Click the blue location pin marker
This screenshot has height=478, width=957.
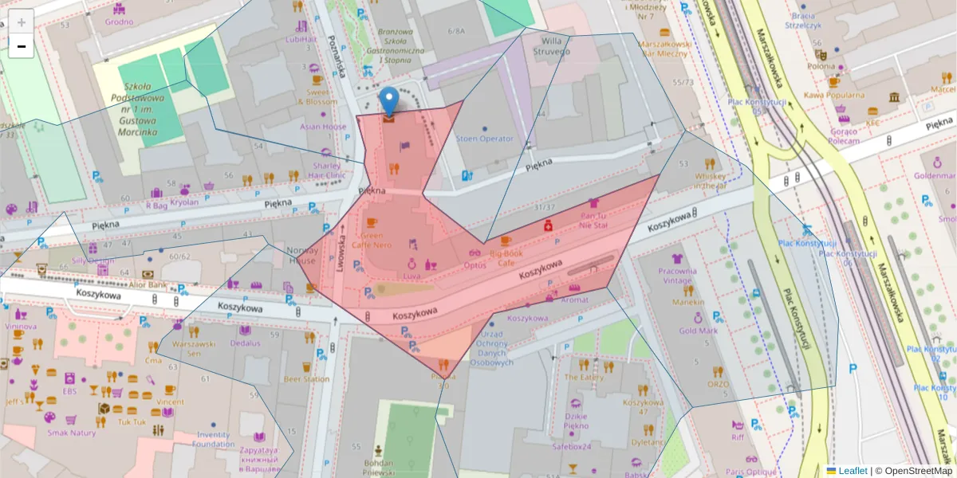coord(388,102)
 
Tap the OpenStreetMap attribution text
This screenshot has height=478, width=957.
coord(918,471)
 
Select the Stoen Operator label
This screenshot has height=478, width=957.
coord(484,139)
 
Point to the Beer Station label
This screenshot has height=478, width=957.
coord(306,379)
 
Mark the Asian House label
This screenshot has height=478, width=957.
coord(323,127)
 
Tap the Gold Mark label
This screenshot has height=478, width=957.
coord(698,331)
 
